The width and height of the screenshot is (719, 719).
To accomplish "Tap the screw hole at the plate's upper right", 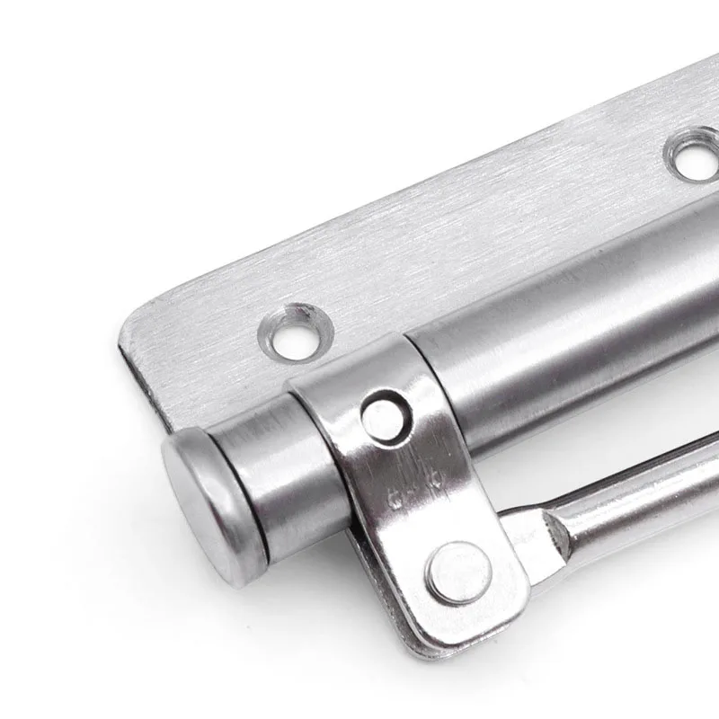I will click(x=695, y=155).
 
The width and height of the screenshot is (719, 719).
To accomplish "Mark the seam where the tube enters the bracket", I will click(x=409, y=351).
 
